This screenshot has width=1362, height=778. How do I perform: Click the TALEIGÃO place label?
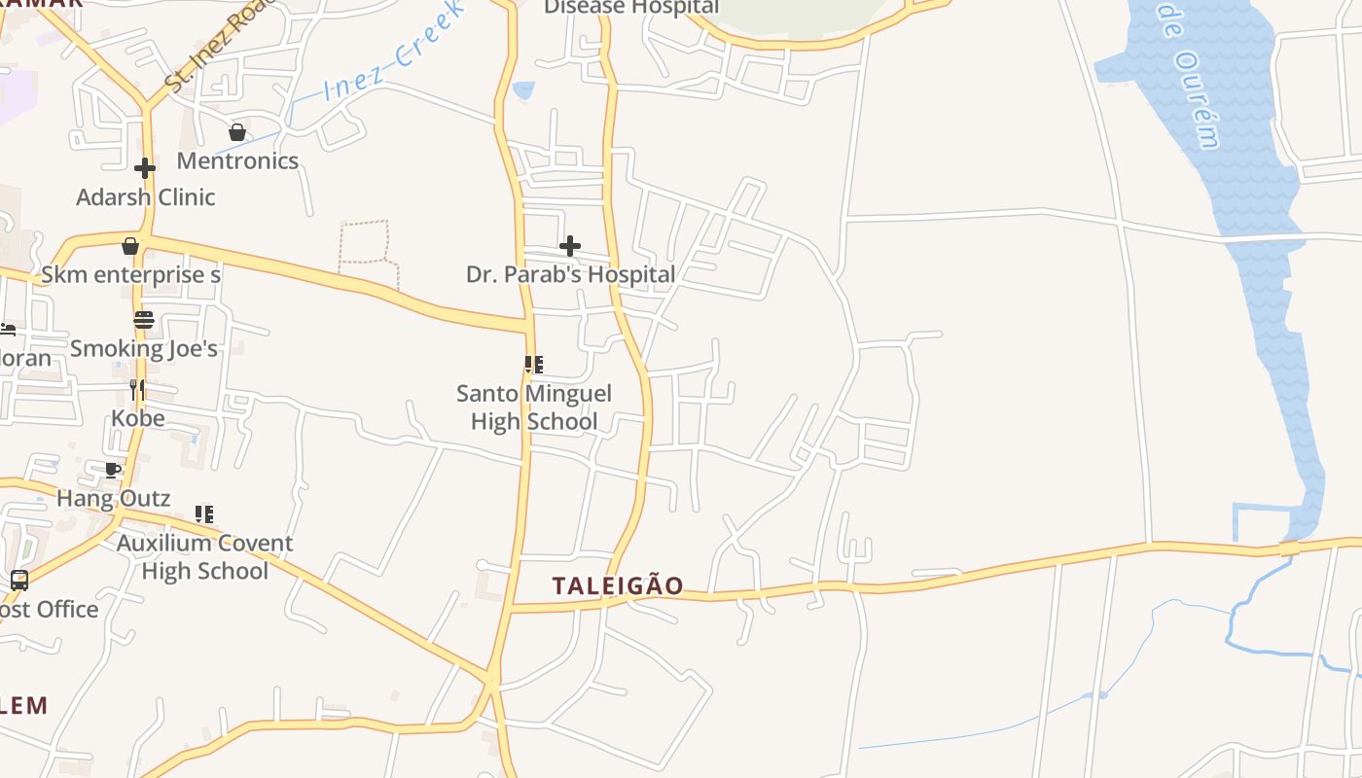click(618, 585)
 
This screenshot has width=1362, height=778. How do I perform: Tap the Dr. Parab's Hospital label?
click(570, 274)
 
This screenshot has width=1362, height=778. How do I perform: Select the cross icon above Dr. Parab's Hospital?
click(570, 246)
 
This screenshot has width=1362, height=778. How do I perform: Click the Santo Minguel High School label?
click(534, 407)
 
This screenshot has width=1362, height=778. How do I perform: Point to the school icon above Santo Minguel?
click(533, 365)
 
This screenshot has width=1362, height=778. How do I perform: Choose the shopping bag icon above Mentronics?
click(237, 132)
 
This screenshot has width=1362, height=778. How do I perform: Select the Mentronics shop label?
click(237, 160)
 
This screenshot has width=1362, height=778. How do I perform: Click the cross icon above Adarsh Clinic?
click(145, 168)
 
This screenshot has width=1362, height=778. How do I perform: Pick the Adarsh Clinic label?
click(146, 196)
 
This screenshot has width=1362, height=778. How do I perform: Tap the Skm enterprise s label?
click(130, 274)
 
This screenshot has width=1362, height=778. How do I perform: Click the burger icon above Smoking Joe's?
click(144, 320)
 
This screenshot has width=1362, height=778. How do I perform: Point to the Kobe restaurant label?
click(137, 418)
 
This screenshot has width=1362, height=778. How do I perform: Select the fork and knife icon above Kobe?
click(137, 390)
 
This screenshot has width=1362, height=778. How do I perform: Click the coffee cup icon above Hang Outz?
click(113, 471)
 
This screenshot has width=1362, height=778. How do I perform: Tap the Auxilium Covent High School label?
click(204, 556)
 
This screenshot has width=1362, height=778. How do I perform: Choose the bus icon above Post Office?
click(19, 581)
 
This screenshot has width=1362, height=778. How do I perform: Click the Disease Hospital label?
click(631, 8)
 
